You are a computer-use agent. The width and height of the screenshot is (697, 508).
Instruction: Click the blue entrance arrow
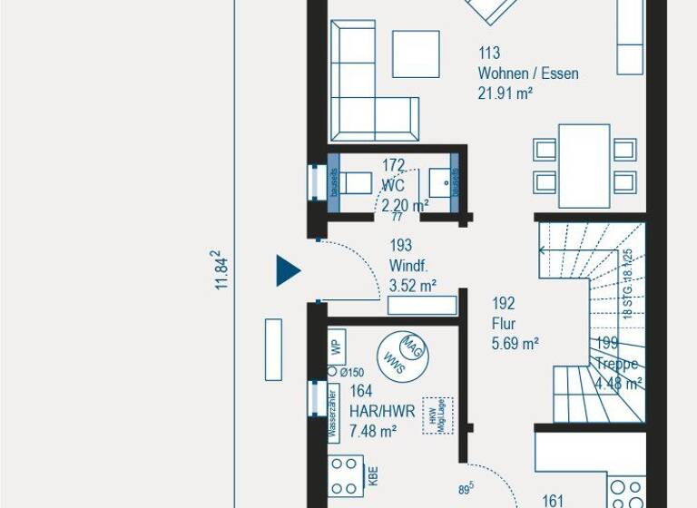pyautogui.click(x=288, y=270)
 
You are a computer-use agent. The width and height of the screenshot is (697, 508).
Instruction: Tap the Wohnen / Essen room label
pyautogui.click(x=528, y=73)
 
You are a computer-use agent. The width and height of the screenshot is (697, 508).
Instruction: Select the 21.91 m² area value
pyautogui.click(x=505, y=93)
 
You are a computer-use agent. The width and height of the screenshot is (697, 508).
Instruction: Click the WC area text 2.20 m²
pyautogui.click(x=405, y=205)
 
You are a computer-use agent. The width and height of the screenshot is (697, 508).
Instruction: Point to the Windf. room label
pyautogui.click(x=407, y=266)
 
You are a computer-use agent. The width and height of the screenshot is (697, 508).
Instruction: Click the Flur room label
pyautogui.click(x=504, y=324)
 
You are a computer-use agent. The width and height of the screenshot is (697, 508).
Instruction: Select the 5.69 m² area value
pyautogui.click(x=515, y=343)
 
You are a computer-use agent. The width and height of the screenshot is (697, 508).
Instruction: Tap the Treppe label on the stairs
pyautogui.click(x=617, y=364)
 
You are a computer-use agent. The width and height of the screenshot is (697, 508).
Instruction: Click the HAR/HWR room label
pyautogui.click(x=382, y=411)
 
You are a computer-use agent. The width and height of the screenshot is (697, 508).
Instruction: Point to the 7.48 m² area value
pyautogui.click(x=373, y=431)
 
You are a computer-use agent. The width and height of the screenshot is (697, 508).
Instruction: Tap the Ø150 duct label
pyautogui.click(x=351, y=373)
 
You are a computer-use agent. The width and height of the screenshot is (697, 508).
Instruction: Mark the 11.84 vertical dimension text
pyautogui.click(x=221, y=270)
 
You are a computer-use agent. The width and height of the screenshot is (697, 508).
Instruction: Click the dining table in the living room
pyautogui.click(x=584, y=165)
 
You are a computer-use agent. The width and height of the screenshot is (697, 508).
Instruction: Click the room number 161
pyautogui.click(x=553, y=500)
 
